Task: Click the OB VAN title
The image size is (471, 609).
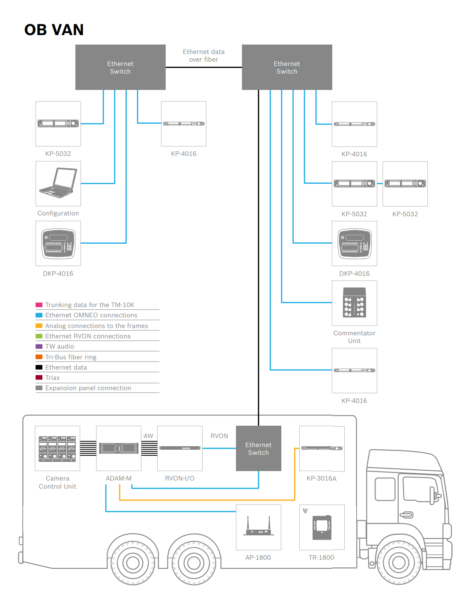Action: tap(54, 30)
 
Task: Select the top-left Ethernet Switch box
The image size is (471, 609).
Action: tap(120, 67)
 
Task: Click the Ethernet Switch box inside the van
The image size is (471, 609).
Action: tap(258, 448)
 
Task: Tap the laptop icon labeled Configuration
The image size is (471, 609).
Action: tap(58, 183)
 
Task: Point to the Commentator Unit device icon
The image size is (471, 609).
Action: tap(354, 303)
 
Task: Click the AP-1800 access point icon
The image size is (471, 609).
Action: tap(258, 527)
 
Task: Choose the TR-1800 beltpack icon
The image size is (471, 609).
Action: tap(322, 527)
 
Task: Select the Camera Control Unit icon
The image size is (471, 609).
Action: tap(57, 448)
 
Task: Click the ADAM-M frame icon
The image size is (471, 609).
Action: tap(119, 448)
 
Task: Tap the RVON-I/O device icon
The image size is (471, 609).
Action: tap(180, 448)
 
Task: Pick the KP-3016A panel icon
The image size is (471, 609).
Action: tap(322, 448)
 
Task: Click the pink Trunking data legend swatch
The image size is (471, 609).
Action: tap(39, 305)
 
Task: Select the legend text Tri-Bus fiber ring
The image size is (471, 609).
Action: tap(71, 357)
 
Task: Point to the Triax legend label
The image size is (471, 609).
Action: tap(52, 378)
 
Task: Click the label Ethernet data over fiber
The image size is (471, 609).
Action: tap(203, 56)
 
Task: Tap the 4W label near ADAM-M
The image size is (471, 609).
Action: tap(148, 436)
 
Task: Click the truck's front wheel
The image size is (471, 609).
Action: tap(398, 562)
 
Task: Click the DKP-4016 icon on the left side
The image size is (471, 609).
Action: tap(58, 243)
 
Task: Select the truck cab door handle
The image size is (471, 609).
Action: tap(406, 515)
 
